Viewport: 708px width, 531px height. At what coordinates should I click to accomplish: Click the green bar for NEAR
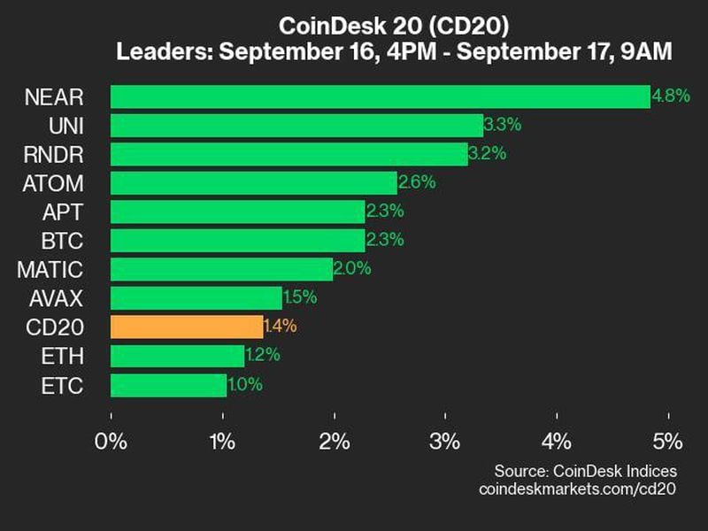380,96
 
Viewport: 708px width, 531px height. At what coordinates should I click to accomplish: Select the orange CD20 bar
187,327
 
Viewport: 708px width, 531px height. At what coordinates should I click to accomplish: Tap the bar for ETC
168,385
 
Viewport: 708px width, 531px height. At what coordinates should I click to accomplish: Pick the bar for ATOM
254,183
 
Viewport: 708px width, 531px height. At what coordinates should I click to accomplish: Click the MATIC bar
222,269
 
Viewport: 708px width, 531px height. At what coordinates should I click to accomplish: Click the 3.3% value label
502,125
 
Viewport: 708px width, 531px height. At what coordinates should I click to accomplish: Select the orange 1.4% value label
280,327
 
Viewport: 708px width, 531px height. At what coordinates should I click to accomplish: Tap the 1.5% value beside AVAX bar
300,298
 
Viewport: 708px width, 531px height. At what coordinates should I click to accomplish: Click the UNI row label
66,125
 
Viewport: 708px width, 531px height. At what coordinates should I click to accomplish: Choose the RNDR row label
54,154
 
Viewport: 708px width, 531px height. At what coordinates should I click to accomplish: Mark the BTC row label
65,240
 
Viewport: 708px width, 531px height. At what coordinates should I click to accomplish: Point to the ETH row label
65,356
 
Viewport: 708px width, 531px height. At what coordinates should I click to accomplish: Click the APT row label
65,212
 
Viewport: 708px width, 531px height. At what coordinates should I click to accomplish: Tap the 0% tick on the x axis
112,441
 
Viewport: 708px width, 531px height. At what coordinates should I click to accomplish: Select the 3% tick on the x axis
445,441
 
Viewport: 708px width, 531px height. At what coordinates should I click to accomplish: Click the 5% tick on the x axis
668,441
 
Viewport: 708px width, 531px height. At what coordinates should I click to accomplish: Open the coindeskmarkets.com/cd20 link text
577,489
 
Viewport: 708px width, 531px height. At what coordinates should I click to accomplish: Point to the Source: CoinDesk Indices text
585,470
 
